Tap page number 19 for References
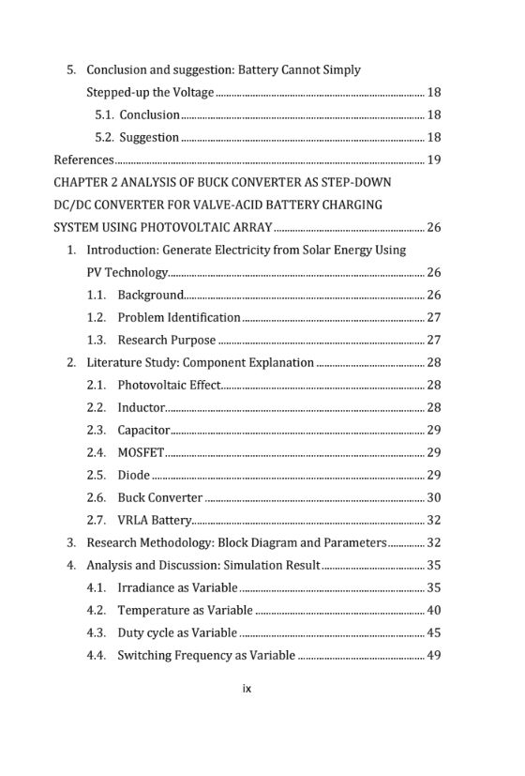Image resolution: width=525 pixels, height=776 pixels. (433, 160)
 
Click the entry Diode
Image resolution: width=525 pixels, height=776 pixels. (133, 475)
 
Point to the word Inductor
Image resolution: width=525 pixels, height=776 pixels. (141, 407)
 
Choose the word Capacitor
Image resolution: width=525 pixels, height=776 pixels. (143, 430)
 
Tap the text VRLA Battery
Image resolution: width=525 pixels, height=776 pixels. (155, 520)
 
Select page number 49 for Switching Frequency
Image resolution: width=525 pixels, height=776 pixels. (433, 655)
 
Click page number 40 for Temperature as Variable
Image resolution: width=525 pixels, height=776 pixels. (433, 610)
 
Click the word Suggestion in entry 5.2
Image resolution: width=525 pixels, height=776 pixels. (149, 137)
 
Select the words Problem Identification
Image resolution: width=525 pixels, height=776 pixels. (179, 317)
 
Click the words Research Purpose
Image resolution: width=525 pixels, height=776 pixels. (166, 340)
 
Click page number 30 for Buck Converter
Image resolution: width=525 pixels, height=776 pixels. (433, 497)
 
